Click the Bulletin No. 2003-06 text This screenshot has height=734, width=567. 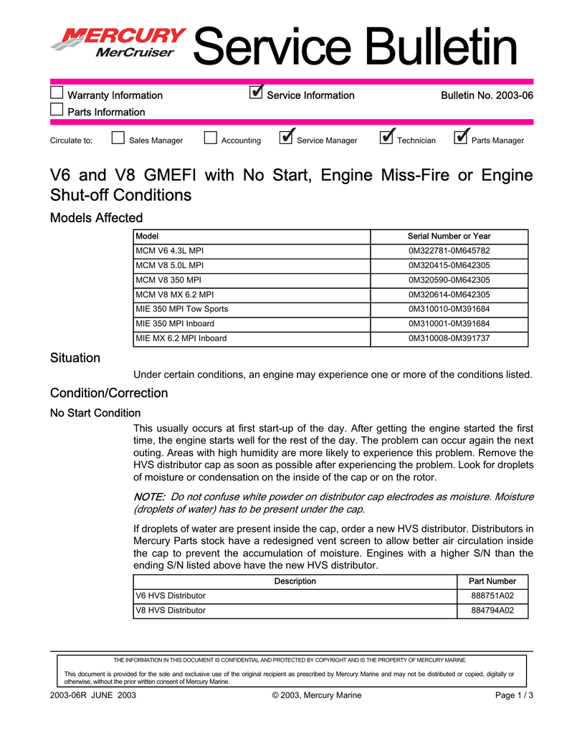(x=486, y=95)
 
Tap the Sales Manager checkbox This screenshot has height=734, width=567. (x=118, y=139)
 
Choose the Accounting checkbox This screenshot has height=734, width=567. (x=210, y=139)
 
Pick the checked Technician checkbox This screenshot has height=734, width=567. (x=386, y=138)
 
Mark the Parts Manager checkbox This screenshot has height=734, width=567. (x=461, y=138)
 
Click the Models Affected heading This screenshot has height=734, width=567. (x=96, y=217)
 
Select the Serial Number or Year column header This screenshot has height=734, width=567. (x=449, y=237)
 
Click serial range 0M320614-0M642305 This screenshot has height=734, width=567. (x=449, y=295)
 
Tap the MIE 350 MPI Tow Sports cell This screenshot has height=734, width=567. (x=182, y=309)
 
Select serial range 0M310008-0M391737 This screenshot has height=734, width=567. (x=449, y=338)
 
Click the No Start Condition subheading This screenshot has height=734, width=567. (x=95, y=413)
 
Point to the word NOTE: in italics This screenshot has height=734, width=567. (x=150, y=497)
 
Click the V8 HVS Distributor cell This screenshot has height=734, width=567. (x=171, y=611)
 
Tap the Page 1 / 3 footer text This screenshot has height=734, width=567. (x=514, y=695)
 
